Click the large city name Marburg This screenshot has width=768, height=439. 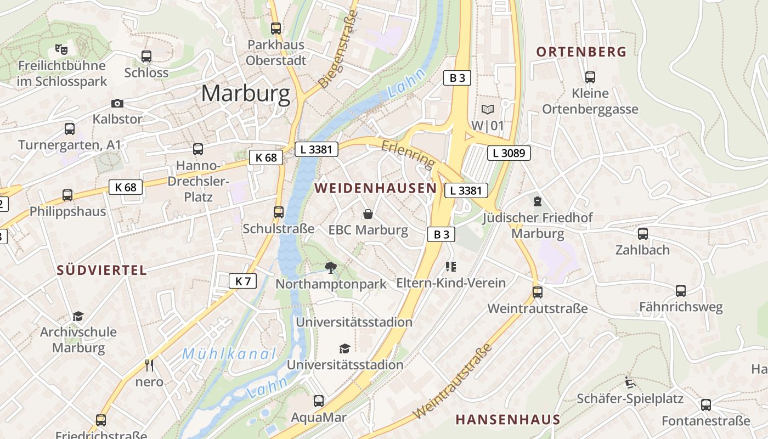coord(245,94)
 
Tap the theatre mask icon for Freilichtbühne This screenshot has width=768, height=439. coord(61,49)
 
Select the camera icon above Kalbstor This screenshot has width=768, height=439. coord(117,103)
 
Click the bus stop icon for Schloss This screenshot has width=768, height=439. coord(146,57)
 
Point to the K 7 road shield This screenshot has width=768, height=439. coord(242,282)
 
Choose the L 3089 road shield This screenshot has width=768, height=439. coord(509,153)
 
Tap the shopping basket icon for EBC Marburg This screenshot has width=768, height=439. coord(368,214)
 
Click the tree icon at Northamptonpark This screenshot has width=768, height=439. coord(330,268)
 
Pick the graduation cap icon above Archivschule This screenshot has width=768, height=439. coord(78,316)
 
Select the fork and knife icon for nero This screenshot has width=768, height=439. coord(149,365)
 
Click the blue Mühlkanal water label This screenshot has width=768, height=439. coord(229,354)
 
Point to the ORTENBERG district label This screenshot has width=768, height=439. coord(581,52)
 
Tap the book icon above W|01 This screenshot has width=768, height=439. coord(487,109)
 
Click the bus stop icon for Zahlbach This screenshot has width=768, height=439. coord(642,234)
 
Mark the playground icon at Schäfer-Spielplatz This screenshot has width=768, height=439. coord(630,382)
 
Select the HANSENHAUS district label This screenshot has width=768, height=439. coord(507,420)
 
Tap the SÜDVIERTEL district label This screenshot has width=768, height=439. coord(102,270)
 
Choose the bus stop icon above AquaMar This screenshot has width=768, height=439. coord(319,401)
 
